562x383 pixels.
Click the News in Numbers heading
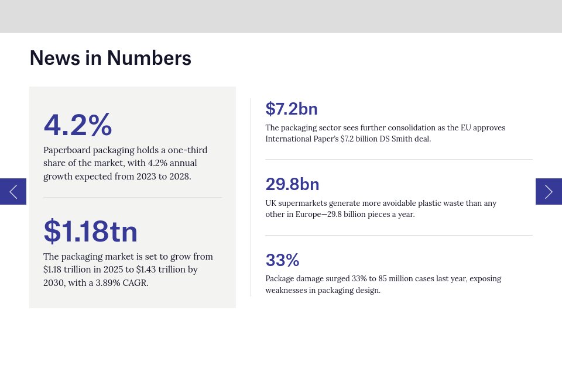[x=110, y=58]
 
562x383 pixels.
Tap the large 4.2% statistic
[x=77, y=125]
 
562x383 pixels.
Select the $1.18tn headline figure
[x=90, y=231]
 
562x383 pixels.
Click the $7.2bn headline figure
[x=291, y=109]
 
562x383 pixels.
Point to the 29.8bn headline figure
[x=292, y=184]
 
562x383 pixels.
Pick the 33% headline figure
[x=282, y=260]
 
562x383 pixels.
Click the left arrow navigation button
[x=13, y=191]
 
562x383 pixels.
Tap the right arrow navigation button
[x=549, y=191]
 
